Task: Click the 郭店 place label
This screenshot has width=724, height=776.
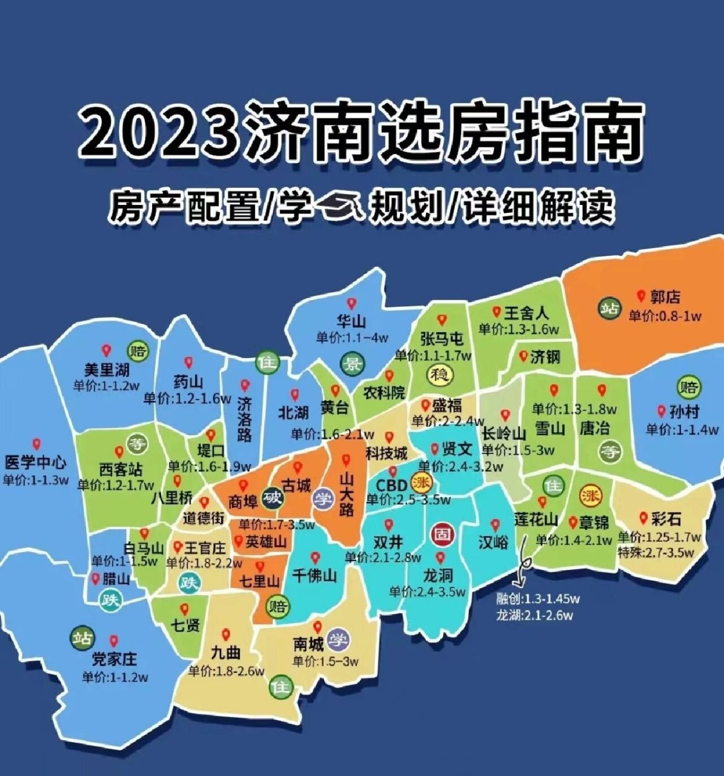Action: coord(665,297)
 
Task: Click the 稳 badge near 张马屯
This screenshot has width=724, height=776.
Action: coord(440,374)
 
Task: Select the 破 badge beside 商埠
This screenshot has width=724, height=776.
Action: coord(273,499)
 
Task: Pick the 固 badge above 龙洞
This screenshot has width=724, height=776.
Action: coord(441,535)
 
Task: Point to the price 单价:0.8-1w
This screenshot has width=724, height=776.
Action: coord(664,316)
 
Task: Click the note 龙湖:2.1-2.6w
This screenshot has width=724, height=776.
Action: coord(534,615)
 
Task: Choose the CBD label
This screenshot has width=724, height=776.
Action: coord(393,486)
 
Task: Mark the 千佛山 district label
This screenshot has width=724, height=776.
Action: coord(314,575)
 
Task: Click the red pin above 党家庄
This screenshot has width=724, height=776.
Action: coord(114,640)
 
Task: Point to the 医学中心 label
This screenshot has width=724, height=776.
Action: coord(35,463)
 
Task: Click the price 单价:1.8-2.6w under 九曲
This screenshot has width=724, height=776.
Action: coord(226,671)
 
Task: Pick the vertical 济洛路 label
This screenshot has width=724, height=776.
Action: coord(244,420)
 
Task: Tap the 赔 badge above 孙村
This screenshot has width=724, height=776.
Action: coord(688,386)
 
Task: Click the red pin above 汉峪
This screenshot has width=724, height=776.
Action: coord(495,525)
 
